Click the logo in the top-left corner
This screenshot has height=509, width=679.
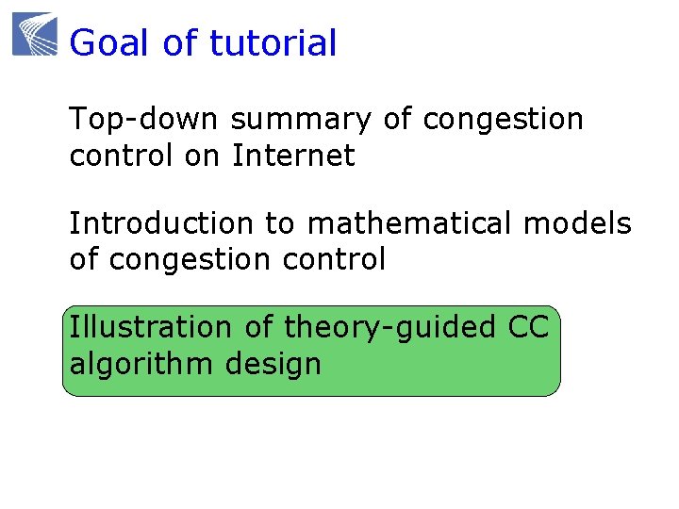point(35,34)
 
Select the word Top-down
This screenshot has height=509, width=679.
point(143,120)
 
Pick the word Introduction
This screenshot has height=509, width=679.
point(161,223)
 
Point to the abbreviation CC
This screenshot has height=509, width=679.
point(528,327)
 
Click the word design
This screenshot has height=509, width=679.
point(273,364)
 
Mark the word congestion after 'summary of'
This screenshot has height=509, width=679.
point(504,122)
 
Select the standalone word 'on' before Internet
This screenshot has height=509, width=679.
point(202,156)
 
